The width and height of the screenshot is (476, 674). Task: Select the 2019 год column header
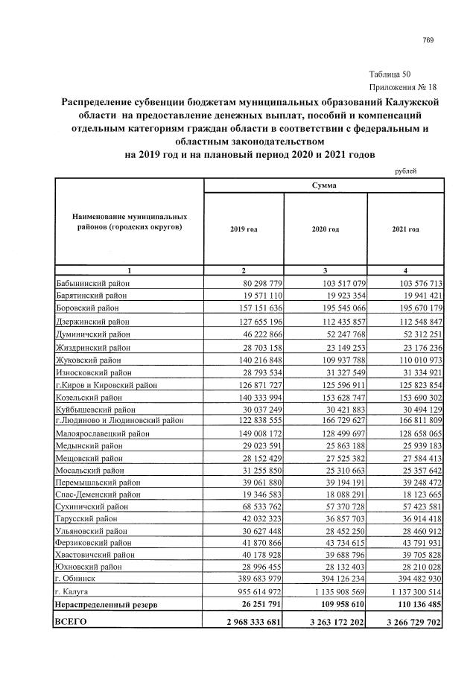[244, 229]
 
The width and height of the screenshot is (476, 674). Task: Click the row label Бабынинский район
[92, 283]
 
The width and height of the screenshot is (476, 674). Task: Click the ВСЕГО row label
[72, 620]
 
